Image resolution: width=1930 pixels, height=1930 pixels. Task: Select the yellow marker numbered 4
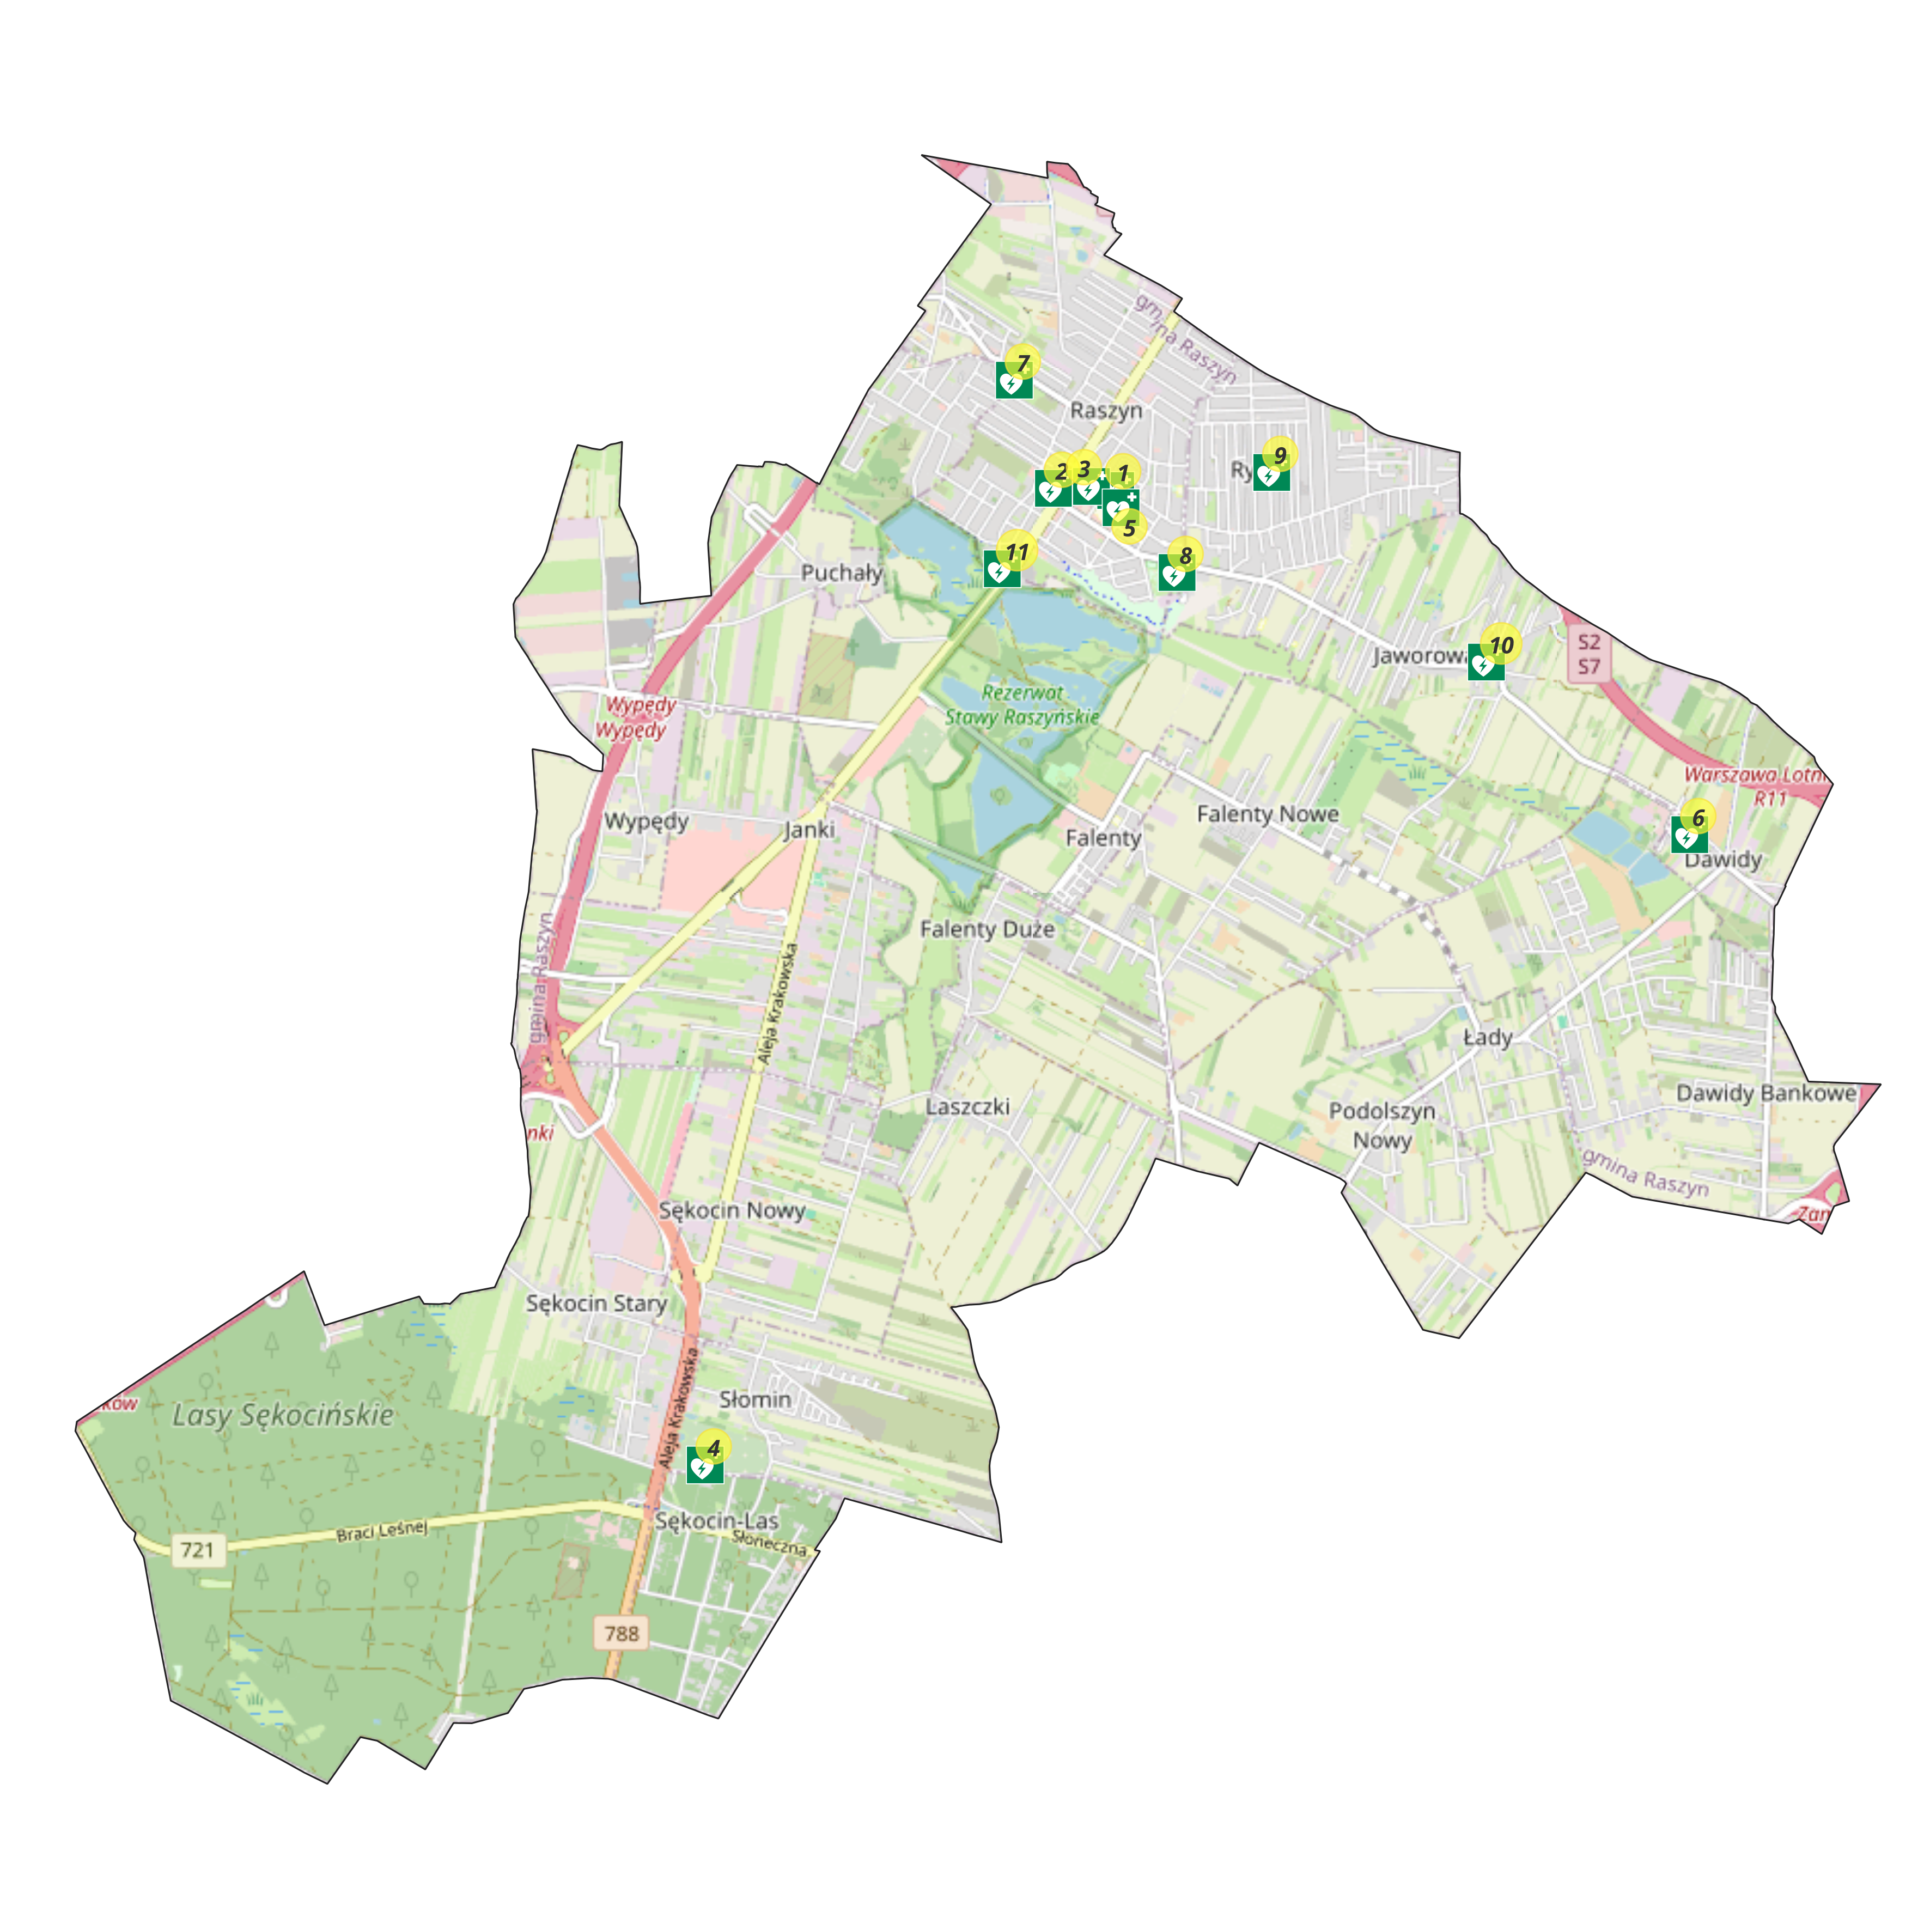713,1446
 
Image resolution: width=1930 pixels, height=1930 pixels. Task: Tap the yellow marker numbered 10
1500,644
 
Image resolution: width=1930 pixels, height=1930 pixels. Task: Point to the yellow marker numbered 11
1017,550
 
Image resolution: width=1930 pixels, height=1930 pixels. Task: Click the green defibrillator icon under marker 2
1052,490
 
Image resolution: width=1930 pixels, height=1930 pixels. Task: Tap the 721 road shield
198,1549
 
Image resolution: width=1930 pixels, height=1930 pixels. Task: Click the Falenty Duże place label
987,929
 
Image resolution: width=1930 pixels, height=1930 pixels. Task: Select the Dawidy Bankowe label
1765,1093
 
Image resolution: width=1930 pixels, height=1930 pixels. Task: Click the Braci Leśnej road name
382,1530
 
